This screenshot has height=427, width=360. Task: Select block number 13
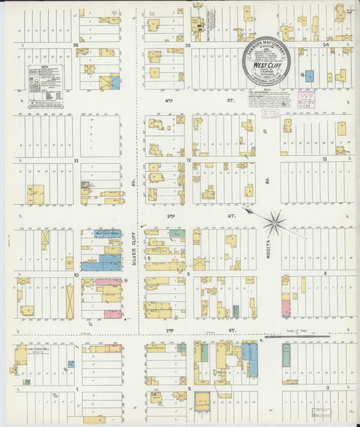(324, 159)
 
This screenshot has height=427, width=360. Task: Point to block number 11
(77, 160)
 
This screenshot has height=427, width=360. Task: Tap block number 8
(325, 274)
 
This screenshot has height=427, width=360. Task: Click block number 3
(327, 388)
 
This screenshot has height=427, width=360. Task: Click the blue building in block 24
(309, 77)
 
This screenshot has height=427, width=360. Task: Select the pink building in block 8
(286, 308)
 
